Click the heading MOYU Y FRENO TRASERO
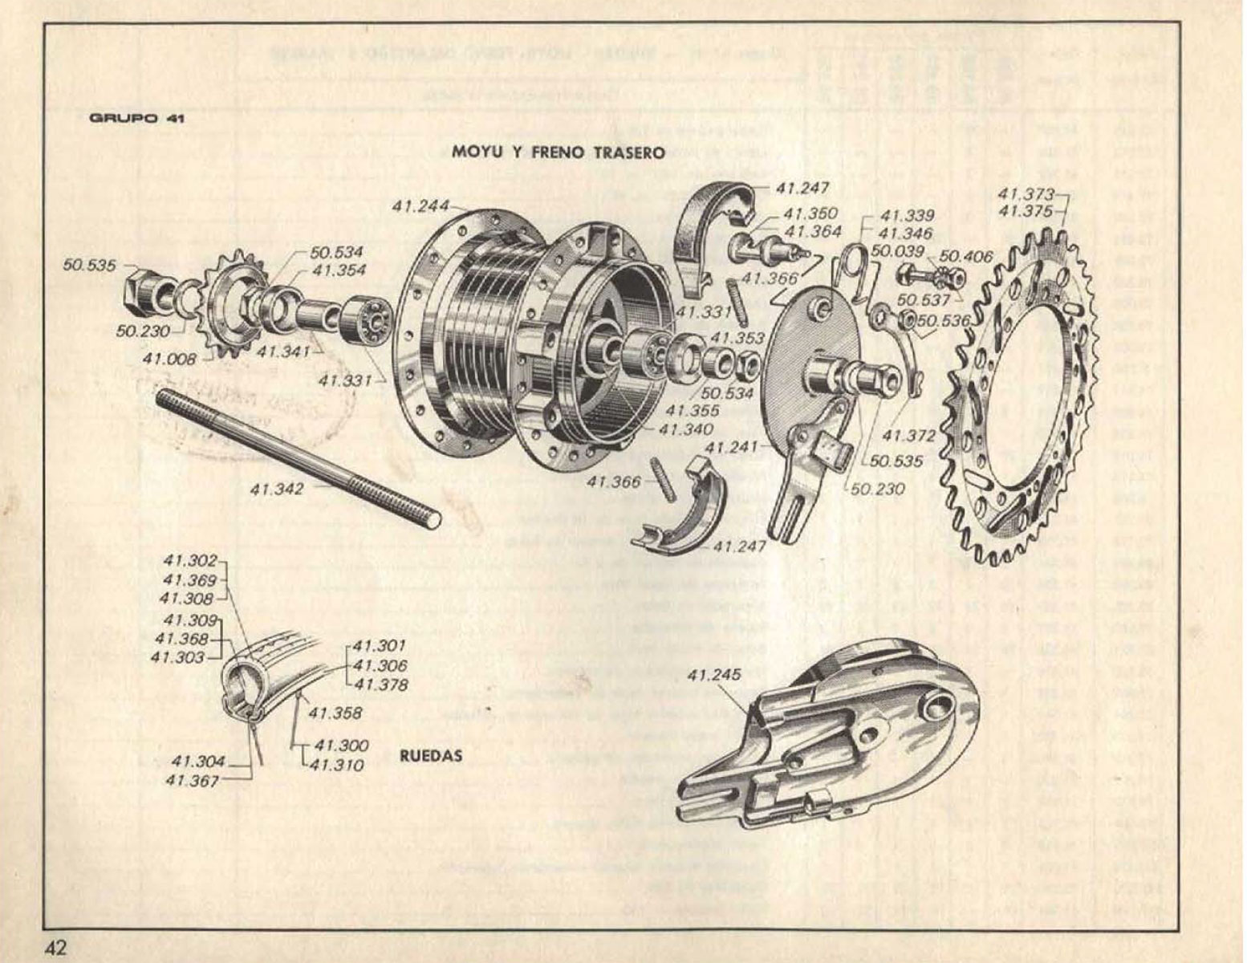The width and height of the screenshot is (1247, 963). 559,152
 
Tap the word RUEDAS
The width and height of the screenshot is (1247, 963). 430,755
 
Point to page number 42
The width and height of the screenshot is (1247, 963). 55,947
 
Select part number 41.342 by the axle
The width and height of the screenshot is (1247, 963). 276,489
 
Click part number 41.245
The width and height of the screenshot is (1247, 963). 714,674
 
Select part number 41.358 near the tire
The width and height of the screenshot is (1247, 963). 335,713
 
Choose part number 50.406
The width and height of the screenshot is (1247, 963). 966,256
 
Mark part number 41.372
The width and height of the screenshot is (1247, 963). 908,436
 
